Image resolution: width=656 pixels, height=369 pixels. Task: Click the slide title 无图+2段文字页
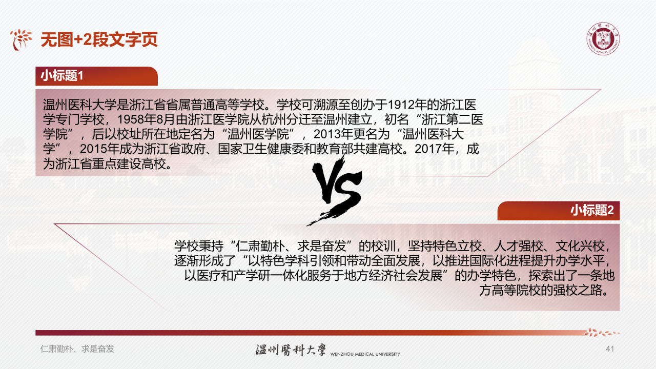(x=99, y=39)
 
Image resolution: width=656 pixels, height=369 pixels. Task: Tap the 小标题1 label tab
(x=62, y=76)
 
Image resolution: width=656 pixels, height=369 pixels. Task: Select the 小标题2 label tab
(x=592, y=210)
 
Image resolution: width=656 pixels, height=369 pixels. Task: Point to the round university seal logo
(x=603, y=39)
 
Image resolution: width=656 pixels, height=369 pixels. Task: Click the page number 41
(x=610, y=349)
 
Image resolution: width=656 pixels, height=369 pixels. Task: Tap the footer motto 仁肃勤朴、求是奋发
(x=77, y=349)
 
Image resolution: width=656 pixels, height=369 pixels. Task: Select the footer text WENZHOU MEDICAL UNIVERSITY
(x=364, y=354)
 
